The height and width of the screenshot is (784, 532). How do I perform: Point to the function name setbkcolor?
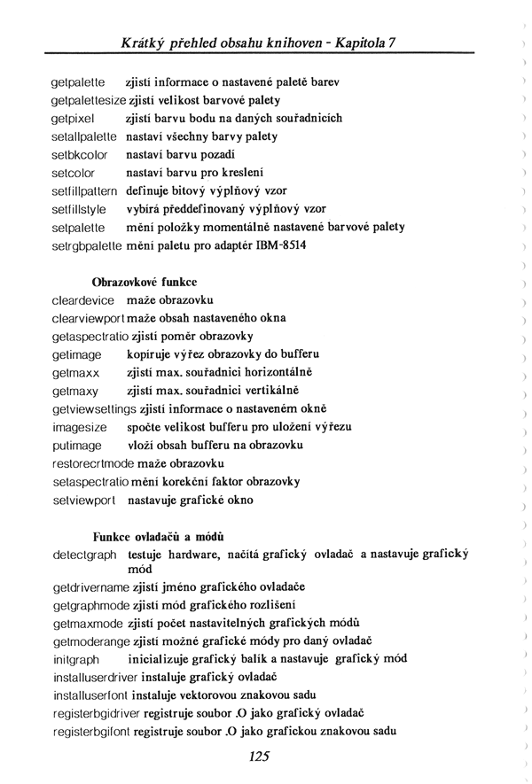point(80,154)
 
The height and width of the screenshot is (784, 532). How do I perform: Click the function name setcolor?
point(74,173)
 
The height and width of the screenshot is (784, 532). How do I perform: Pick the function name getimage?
point(76,354)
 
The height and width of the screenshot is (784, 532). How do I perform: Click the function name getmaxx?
point(74,372)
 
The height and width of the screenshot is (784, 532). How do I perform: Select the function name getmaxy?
point(74,391)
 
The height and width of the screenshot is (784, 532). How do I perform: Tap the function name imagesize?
point(79,427)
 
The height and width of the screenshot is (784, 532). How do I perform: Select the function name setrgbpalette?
point(88,245)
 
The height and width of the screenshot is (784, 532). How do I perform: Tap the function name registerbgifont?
point(95,732)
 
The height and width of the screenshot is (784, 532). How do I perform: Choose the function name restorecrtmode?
point(93,463)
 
